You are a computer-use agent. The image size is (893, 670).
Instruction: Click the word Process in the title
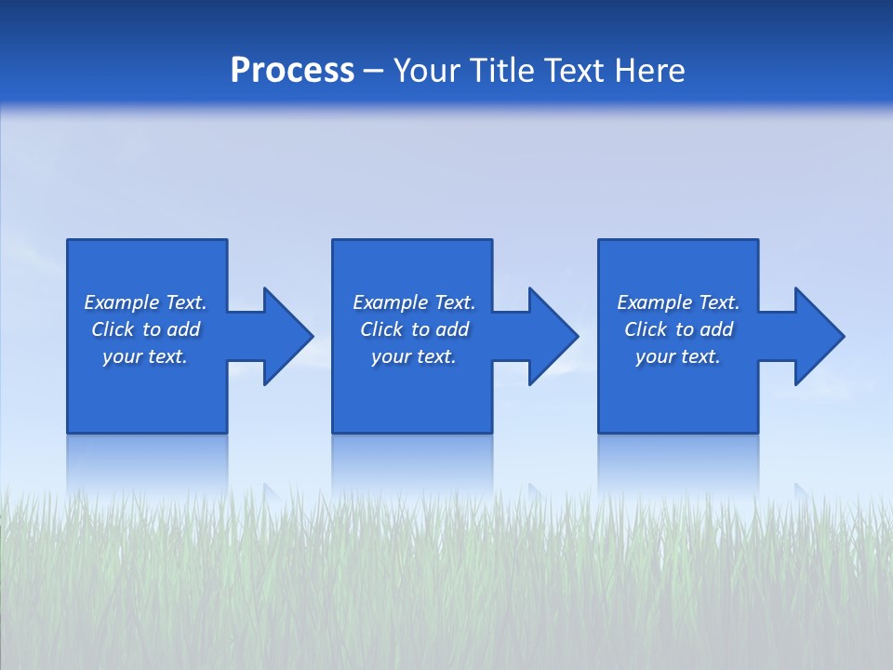click(292, 71)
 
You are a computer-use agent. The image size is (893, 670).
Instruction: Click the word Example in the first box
click(122, 302)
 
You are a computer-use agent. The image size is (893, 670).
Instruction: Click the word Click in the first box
click(113, 329)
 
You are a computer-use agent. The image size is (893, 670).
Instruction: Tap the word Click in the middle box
click(381, 329)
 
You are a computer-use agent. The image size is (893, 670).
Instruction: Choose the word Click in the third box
click(646, 329)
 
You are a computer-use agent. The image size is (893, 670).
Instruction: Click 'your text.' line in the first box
click(145, 356)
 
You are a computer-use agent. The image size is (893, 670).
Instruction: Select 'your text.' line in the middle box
click(414, 356)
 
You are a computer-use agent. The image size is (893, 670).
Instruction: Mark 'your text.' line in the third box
click(678, 356)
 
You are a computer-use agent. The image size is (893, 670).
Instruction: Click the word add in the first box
click(184, 329)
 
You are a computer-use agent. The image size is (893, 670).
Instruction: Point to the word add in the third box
click(717, 329)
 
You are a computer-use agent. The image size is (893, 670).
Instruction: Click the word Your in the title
click(426, 71)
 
